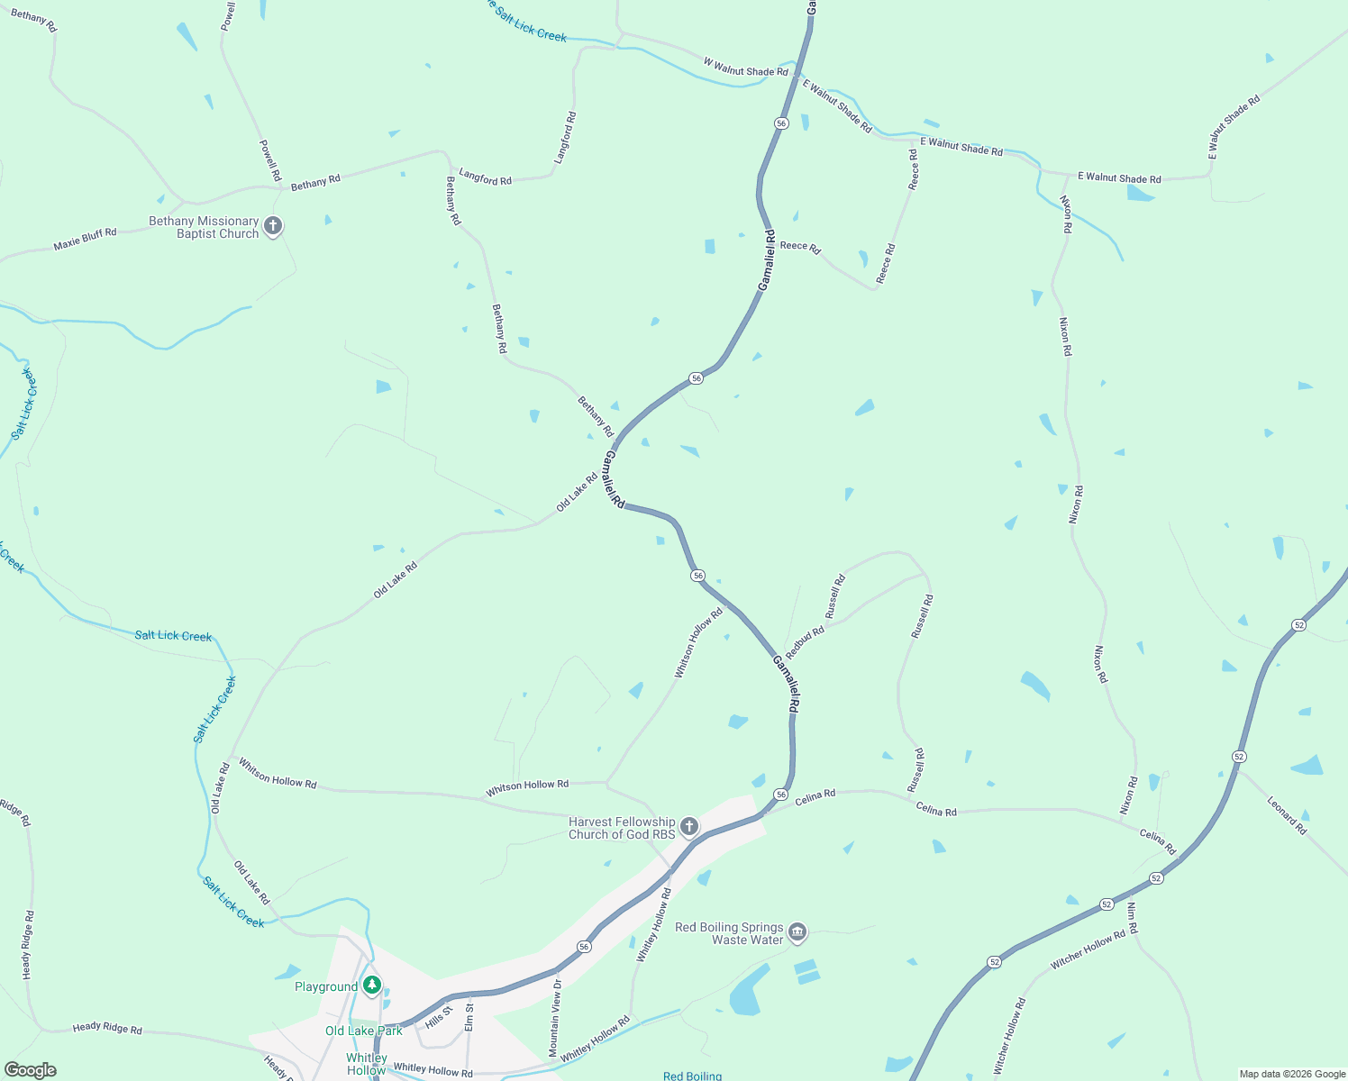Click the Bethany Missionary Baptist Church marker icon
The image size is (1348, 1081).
(x=273, y=225)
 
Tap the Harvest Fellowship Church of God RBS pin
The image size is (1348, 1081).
(x=689, y=826)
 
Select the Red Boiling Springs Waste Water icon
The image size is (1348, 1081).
(x=797, y=931)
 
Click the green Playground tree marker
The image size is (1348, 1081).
(x=372, y=985)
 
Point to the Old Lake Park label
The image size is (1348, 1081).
(x=364, y=1031)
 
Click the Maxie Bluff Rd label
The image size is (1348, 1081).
(x=85, y=239)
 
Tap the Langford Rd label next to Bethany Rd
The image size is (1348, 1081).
(x=485, y=177)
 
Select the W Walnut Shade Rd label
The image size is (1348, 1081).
(x=745, y=68)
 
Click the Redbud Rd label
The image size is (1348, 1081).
(x=805, y=642)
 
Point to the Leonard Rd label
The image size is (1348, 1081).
(x=1287, y=815)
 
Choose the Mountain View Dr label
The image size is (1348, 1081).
(x=555, y=1017)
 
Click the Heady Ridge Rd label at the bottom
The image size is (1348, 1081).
(x=107, y=1028)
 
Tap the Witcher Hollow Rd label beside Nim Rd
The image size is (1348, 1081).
(x=1088, y=949)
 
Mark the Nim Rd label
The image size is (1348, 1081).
(x=1133, y=917)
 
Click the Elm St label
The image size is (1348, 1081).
(x=469, y=1018)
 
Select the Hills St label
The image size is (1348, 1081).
(x=438, y=1017)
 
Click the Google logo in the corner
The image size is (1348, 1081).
(x=31, y=1070)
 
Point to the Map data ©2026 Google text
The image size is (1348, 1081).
(x=1292, y=1074)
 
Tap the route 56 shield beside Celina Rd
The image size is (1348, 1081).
(x=780, y=795)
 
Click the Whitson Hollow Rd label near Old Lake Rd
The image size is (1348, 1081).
(x=278, y=773)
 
